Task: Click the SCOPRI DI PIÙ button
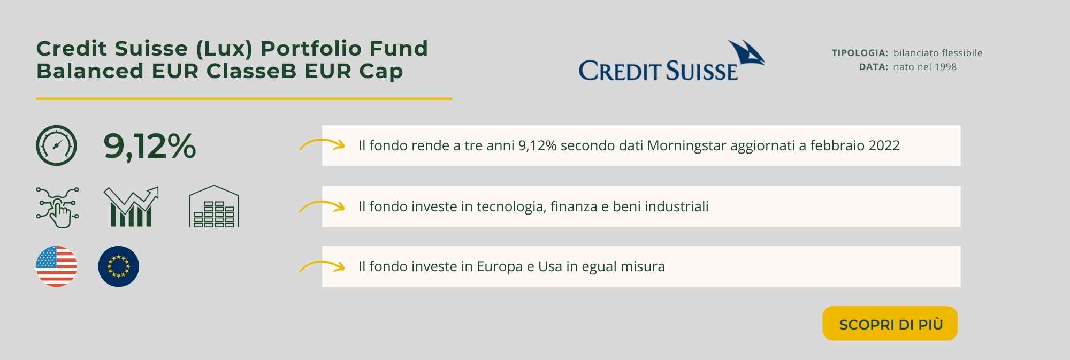tap(890, 324)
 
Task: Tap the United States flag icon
tap(57, 266)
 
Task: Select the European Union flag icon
tap(119, 266)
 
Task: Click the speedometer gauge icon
tap(57, 145)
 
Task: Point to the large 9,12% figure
tap(150, 145)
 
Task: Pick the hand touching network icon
tap(57, 207)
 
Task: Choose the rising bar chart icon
tap(131, 206)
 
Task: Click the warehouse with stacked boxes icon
tap(214, 206)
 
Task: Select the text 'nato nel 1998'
tap(925, 67)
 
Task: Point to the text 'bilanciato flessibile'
tap(938, 53)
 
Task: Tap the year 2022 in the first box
tap(884, 145)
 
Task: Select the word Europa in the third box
tap(500, 267)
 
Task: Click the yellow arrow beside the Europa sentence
tap(322, 266)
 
